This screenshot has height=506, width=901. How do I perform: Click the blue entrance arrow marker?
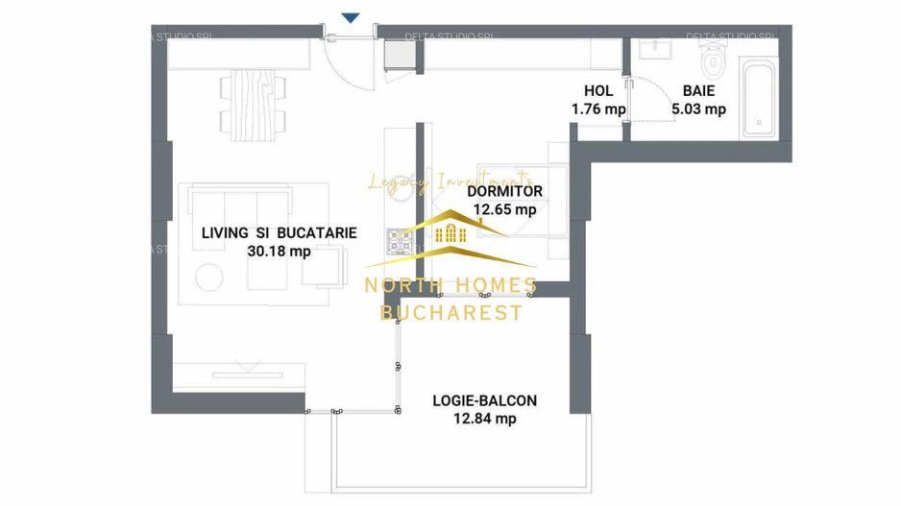(352, 16)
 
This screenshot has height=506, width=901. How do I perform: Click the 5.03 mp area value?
(698, 108)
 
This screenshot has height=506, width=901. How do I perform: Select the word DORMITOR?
(504, 191)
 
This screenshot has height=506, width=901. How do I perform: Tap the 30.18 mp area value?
(279, 252)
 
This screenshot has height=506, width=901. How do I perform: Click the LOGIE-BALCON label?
(484, 400)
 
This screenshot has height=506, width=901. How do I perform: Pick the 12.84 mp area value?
(484, 419)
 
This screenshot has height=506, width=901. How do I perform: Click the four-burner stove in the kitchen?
(400, 242)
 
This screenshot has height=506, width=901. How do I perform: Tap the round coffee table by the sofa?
(209, 277)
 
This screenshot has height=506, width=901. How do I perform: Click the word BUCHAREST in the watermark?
(451, 313)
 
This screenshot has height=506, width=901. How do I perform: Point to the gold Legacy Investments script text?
(450, 181)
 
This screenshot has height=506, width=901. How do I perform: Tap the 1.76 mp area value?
(597, 108)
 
